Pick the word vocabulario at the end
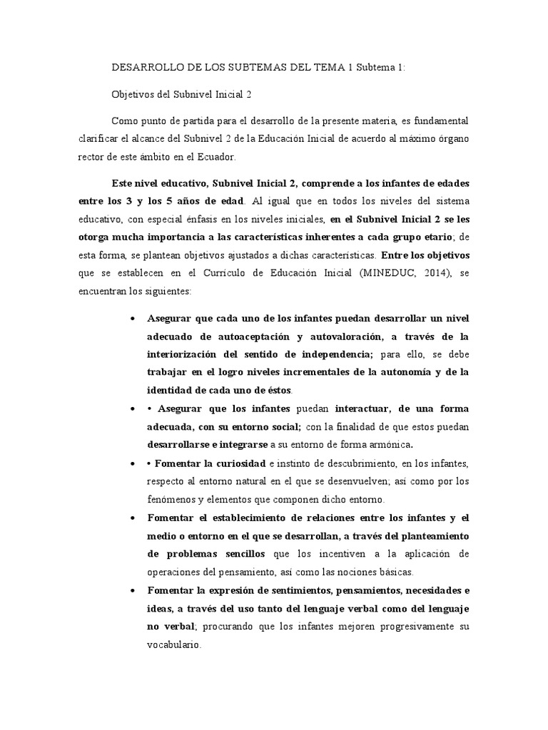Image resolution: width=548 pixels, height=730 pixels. (x=173, y=646)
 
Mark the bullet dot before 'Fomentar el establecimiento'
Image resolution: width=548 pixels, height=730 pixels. (x=133, y=518)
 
